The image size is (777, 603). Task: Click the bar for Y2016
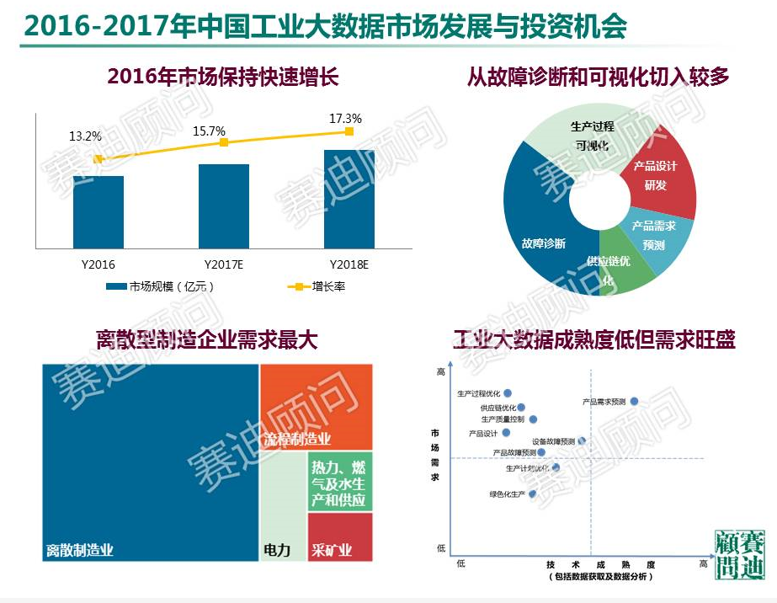pyautogui.click(x=98, y=212)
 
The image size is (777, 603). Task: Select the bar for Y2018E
pyautogui.click(x=349, y=200)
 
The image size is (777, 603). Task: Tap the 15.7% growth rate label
pyautogui.click(x=209, y=131)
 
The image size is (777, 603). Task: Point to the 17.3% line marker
pyautogui.click(x=349, y=131)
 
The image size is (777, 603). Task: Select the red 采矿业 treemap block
pyautogui.click(x=340, y=539)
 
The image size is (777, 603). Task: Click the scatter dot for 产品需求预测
pyautogui.click(x=635, y=402)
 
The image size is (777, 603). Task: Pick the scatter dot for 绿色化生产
pyautogui.click(x=533, y=494)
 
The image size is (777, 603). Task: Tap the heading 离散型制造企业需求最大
pyautogui.click(x=206, y=340)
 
